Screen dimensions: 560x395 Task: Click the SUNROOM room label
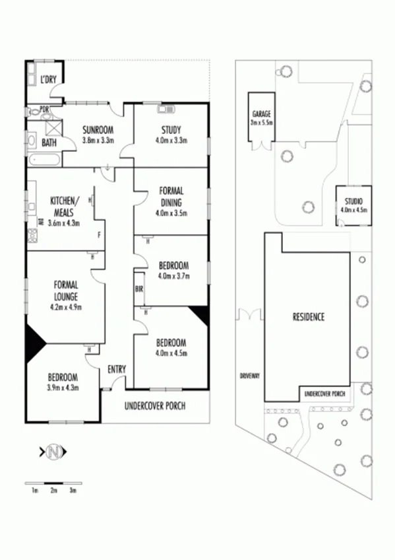(98, 129)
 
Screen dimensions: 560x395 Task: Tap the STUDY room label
(171, 129)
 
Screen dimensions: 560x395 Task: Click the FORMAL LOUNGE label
(67, 291)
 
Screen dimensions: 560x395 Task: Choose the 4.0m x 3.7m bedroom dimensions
(172, 275)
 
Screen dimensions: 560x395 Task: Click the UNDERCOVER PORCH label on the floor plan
(155, 405)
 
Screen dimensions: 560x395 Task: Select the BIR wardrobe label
(139, 289)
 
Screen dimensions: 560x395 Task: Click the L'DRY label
(49, 80)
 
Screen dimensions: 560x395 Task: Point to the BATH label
(49, 142)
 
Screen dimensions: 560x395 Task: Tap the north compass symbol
(55, 452)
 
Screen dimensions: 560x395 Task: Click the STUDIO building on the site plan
(353, 205)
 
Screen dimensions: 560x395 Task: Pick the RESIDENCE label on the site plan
(308, 317)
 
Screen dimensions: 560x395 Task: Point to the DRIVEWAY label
(250, 376)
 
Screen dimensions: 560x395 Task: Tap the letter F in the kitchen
(100, 234)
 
